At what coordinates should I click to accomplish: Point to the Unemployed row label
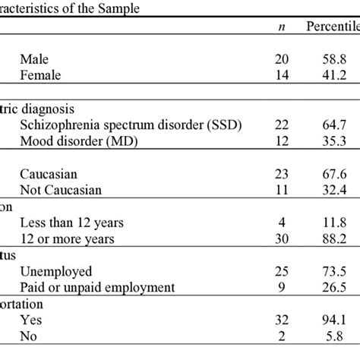click(58, 271)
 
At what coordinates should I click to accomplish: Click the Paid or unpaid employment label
click(99, 287)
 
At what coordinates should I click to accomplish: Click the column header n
click(282, 27)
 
